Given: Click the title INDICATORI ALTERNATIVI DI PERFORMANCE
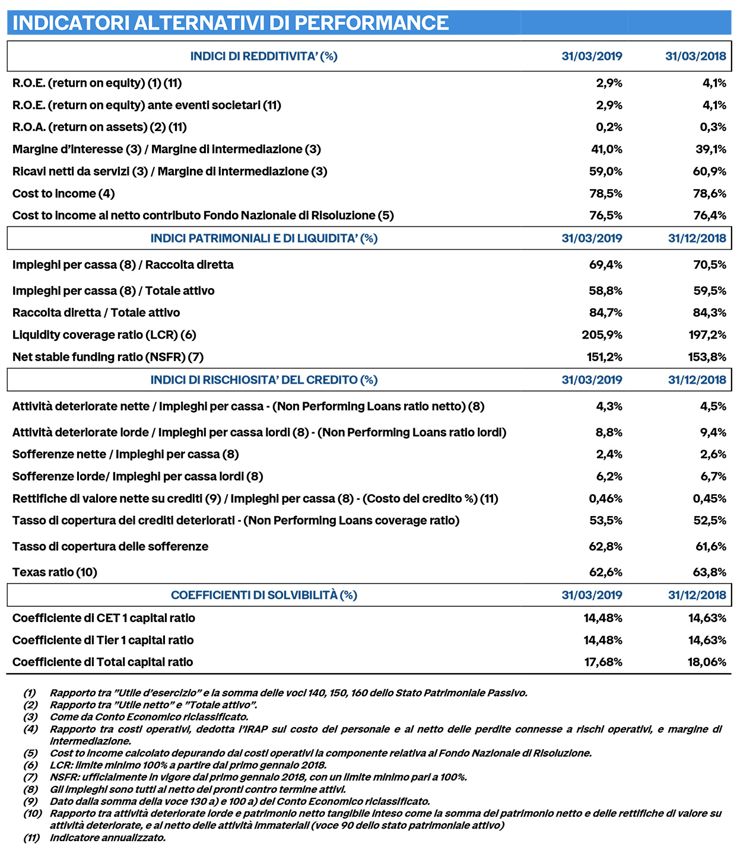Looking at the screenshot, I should (x=230, y=23).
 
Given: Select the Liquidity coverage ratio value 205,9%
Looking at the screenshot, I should (x=602, y=335).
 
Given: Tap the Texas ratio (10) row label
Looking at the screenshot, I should (x=55, y=572).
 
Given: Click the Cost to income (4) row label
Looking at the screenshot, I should (x=63, y=194).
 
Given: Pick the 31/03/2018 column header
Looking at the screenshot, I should (x=695, y=56).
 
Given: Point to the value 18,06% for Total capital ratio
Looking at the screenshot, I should (x=707, y=662).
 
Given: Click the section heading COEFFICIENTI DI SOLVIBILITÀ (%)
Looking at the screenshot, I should (x=264, y=595).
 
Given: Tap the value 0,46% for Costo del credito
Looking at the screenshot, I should (x=605, y=499).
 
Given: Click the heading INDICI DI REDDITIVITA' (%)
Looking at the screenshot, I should (x=263, y=56).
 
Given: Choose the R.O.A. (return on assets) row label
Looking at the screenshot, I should (x=100, y=127).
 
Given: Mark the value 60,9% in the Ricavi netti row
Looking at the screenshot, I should (x=710, y=171).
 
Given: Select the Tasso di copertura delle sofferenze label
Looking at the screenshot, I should (x=110, y=547).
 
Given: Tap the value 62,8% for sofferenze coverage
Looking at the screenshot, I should (x=605, y=547).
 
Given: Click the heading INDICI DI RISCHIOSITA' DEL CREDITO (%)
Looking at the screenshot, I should (x=263, y=380).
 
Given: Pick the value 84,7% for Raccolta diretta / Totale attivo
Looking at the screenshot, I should (x=605, y=313).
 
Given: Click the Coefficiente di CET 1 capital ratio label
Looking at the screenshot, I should (x=104, y=618).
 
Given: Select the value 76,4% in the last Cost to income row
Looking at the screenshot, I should (x=710, y=215).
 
